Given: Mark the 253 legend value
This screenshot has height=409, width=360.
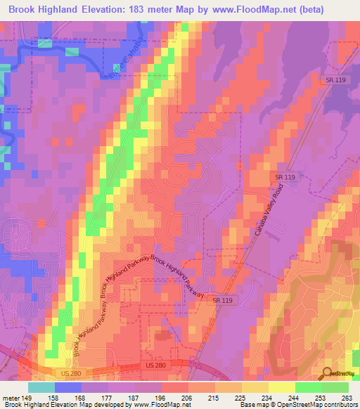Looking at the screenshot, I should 321,397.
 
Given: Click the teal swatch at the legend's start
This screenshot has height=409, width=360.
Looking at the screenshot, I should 41,387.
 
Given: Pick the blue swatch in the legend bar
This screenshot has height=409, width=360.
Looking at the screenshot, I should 67,387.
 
